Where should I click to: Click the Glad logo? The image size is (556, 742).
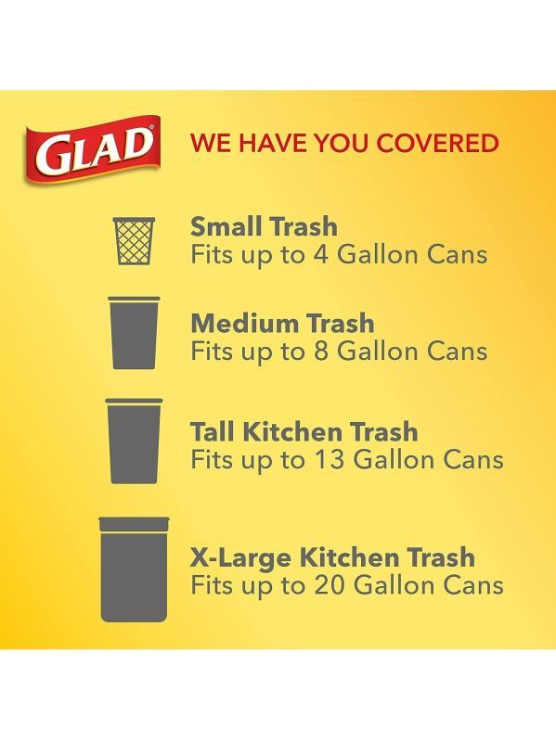coord(93,149)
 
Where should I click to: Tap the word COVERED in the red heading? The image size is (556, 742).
coord(437,144)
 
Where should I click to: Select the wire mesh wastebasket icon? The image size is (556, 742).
coord(135,241)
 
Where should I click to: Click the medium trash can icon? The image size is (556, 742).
coord(134,333)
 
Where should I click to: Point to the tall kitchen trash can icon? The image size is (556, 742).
coord(134,441)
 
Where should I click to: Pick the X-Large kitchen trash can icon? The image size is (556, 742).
coord(134,569)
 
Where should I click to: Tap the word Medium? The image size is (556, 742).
coord(245,323)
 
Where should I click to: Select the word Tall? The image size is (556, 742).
coord(213,431)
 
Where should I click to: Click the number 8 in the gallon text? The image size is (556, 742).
coord(321,352)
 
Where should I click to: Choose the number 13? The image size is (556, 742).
coord(329,459)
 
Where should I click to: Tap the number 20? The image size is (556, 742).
coord(330,585)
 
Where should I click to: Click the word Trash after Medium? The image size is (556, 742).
coord(340,323)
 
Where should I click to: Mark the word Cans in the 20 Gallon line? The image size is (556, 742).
coord(473,585)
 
